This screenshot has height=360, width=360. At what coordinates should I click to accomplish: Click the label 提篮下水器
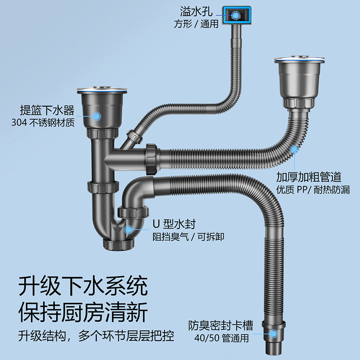point(47,111)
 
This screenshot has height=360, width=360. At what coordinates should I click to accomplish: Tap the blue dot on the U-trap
point(129,229)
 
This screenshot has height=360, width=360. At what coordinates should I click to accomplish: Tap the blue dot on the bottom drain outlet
point(274,333)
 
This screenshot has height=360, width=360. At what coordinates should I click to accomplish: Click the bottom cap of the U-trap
point(119,244)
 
